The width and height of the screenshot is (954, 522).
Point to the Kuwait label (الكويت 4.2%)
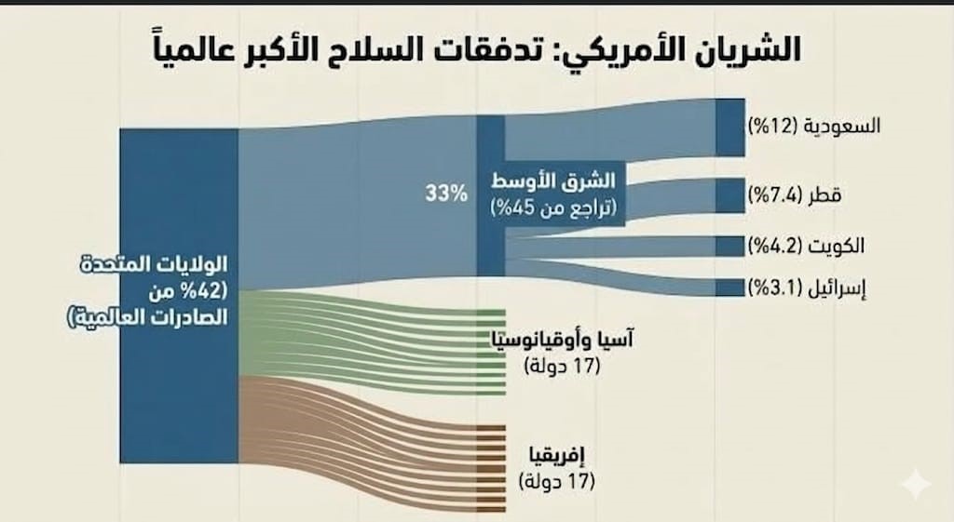pyautogui.click(x=806, y=246)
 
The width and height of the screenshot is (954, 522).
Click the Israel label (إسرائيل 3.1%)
pyautogui.click(x=806, y=287)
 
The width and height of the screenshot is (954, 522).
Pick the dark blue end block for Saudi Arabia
pyautogui.click(x=730, y=127)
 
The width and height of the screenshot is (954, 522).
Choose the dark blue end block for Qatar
pyautogui.click(x=730, y=195)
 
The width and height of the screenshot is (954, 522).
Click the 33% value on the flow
pyautogui.click(x=445, y=194)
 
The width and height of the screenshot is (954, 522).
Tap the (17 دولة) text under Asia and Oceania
pyautogui.click(x=561, y=366)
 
